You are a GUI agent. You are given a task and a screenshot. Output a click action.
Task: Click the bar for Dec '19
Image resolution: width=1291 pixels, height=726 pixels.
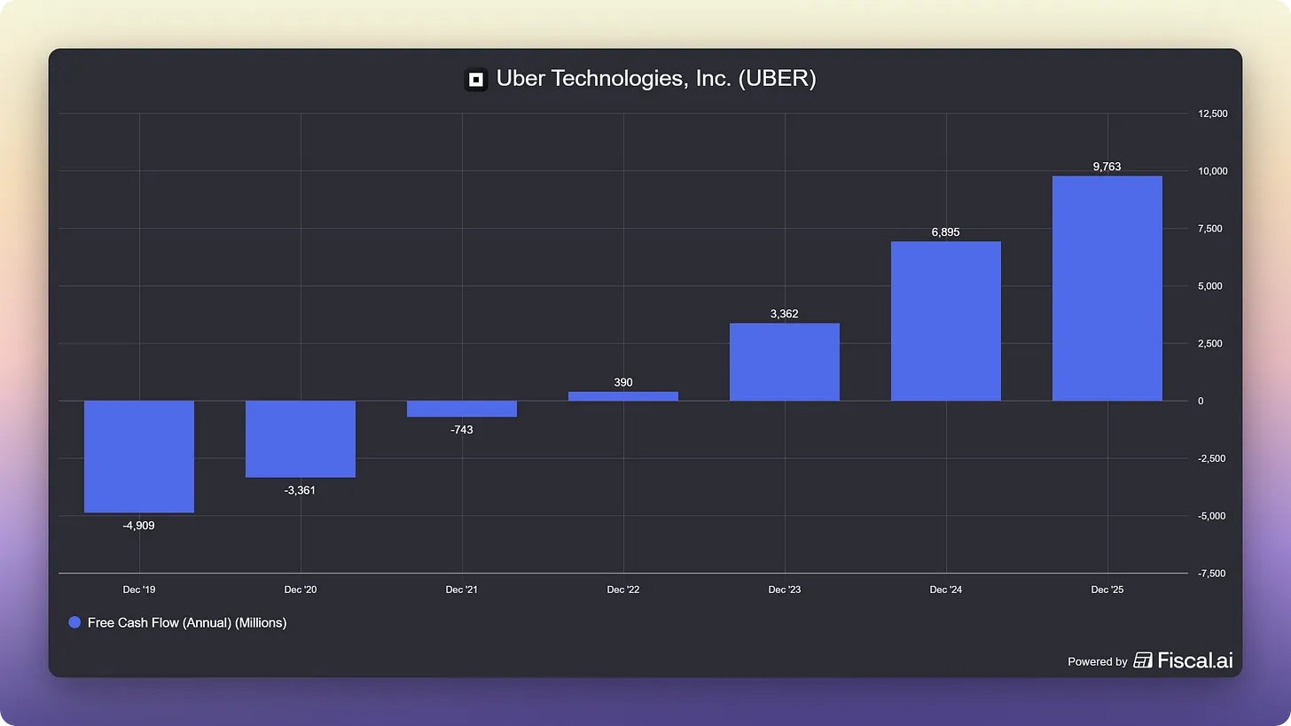139,456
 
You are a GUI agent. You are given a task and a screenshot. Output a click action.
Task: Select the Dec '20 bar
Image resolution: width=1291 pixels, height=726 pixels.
301,439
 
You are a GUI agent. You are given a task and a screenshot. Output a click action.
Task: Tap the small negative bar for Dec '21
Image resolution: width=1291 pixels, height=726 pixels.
462,409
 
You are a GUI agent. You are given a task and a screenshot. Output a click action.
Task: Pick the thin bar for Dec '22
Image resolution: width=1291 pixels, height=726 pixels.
623,396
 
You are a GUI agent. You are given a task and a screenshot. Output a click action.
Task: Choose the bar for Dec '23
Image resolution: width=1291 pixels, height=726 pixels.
785,362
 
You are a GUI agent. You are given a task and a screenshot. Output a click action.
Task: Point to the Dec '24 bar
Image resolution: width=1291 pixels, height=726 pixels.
946,321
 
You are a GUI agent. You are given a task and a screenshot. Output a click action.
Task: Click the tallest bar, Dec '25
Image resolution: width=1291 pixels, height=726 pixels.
1107,288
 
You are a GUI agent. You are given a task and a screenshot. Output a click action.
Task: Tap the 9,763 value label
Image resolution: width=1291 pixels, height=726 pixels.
1107,166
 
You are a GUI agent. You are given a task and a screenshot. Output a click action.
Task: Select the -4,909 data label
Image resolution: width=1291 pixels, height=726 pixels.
139,525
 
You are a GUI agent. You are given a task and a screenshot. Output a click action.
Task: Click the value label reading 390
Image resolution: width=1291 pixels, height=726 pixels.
623,382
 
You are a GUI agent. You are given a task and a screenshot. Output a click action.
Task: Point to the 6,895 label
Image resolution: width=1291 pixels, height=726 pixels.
946,232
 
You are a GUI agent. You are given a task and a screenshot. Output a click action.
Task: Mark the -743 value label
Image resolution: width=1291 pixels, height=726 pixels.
462,429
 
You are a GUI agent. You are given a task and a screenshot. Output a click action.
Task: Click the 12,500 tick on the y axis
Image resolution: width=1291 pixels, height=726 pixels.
1212,113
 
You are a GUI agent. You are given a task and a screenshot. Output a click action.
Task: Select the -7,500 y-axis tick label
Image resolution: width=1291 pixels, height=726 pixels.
1212,574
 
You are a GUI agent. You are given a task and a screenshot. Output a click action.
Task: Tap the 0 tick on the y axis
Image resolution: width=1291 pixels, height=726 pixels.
1201,401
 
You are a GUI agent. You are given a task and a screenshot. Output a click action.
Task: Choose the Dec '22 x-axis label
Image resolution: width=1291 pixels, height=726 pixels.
623,589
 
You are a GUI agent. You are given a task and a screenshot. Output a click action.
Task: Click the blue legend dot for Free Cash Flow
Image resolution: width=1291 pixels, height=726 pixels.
74,622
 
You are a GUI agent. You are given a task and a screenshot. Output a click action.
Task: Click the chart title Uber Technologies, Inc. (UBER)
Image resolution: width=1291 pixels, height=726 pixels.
656,79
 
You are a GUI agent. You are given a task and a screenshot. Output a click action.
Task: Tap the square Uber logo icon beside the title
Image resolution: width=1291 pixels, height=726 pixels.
476,80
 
